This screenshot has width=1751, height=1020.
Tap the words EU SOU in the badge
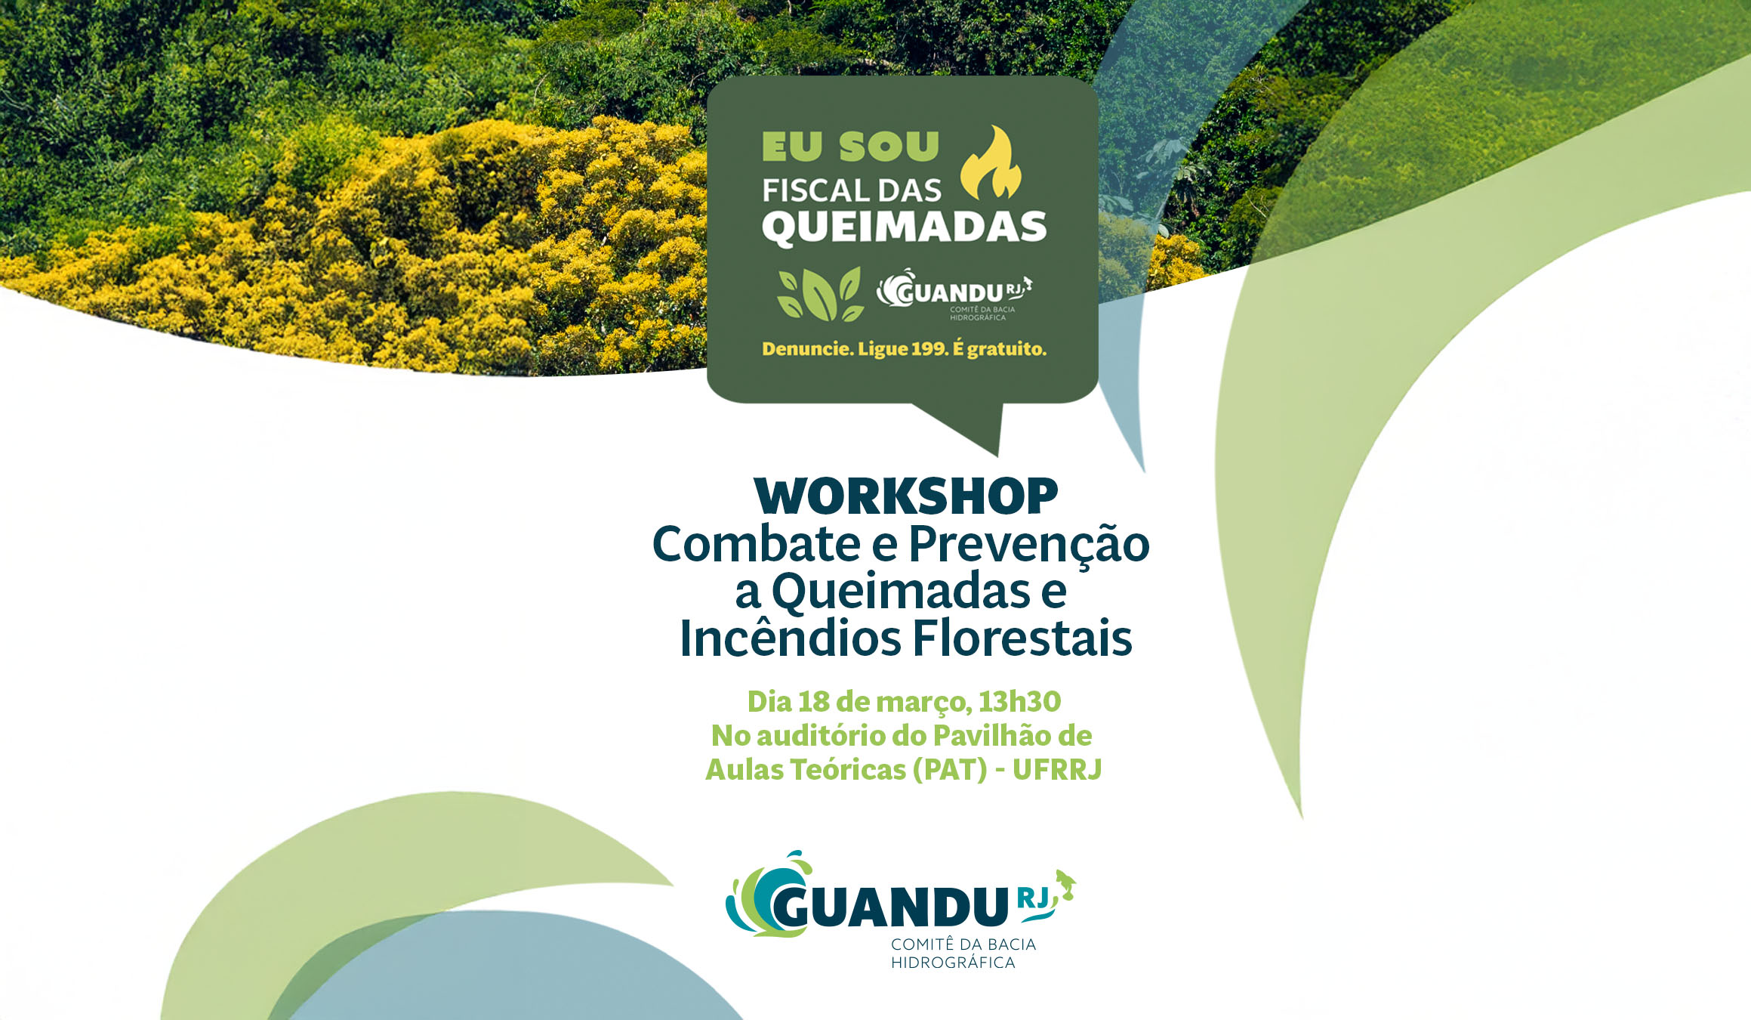point(850,147)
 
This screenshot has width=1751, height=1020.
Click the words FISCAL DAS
point(852,190)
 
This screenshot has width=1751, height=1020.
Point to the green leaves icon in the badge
point(821,294)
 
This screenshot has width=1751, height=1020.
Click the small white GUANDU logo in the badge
point(954,295)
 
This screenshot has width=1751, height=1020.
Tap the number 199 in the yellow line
point(929,349)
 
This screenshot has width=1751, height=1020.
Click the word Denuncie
point(807,349)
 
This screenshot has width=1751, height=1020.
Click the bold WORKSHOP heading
point(906,496)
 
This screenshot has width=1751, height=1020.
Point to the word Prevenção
point(1029,545)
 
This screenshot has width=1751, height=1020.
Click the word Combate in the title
point(757,544)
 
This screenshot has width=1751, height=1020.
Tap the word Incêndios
point(791,638)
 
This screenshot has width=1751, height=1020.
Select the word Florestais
point(1023,638)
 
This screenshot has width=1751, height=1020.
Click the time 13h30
point(1020,702)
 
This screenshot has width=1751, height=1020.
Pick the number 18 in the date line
point(814,702)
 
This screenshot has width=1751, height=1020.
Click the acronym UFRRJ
point(1057,770)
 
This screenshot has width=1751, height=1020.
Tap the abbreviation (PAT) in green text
point(950,770)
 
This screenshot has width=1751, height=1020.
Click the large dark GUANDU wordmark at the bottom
point(889,907)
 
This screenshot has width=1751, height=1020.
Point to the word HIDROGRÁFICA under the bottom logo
point(953,963)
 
